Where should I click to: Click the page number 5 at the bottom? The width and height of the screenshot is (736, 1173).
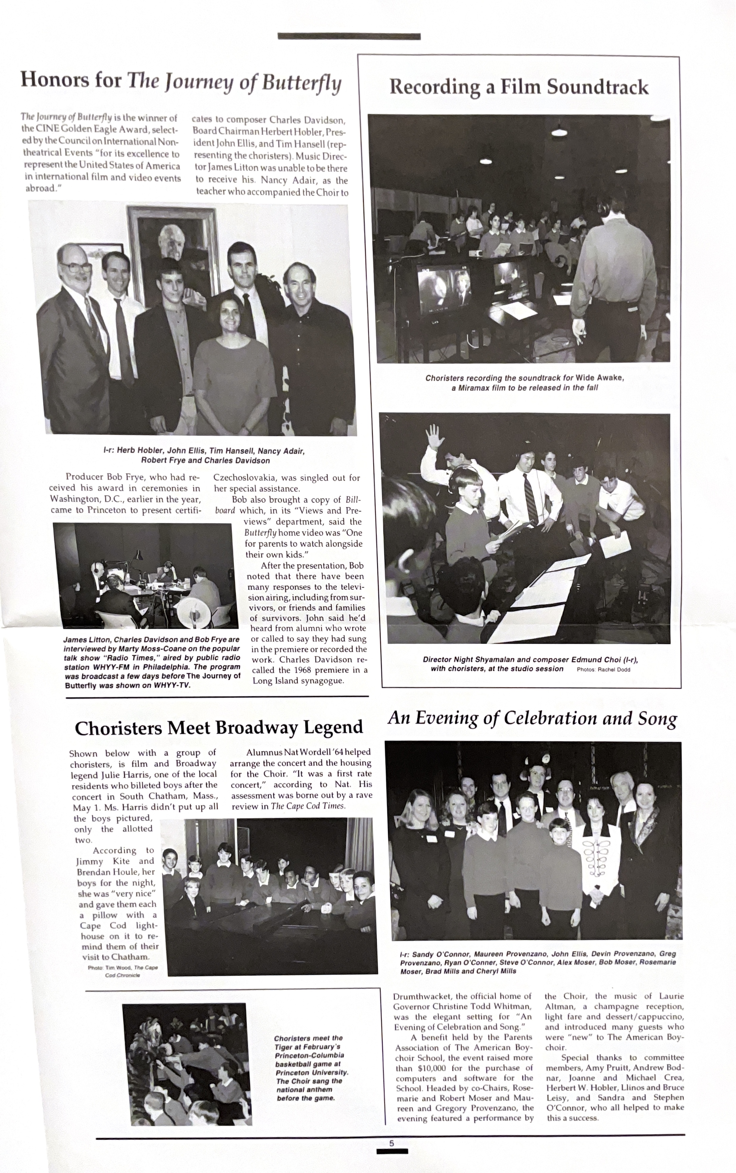391,1143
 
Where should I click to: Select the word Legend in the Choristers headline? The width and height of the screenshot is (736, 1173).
333,727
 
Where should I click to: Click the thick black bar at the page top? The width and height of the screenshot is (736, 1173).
349,37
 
